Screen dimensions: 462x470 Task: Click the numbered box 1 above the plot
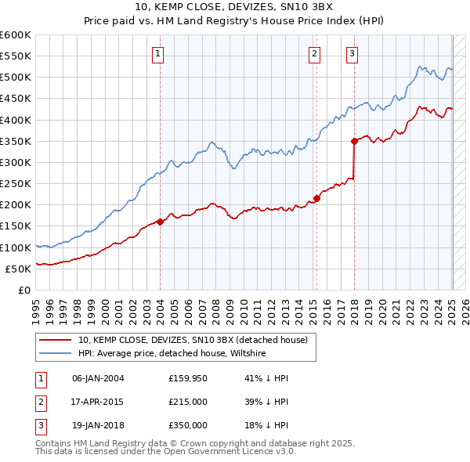point(158,54)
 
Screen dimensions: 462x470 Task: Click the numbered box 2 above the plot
point(314,54)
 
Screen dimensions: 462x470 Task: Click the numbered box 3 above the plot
point(352,54)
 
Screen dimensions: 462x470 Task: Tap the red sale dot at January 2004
point(160,222)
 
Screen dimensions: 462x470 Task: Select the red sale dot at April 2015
point(317,198)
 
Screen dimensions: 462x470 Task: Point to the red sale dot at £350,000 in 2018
point(354,141)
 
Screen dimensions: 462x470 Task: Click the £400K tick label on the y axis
point(15,120)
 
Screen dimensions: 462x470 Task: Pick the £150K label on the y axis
point(15,226)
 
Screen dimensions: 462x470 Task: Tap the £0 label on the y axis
point(23,290)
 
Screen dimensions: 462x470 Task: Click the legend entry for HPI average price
point(172,354)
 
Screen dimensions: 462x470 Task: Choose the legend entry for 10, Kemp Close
point(197,341)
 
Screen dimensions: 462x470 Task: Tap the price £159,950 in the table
point(188,378)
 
